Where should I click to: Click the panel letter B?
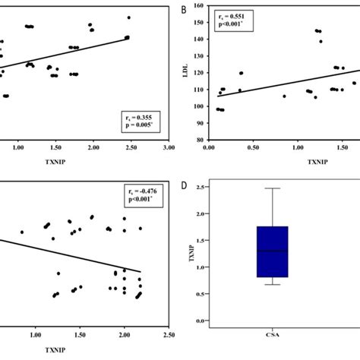coord(184,10)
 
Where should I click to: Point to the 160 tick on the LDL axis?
coord(200,7)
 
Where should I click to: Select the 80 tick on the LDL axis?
coord(201,141)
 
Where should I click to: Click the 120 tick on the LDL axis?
coord(200,74)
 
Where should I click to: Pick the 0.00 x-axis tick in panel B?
coord(210,150)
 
